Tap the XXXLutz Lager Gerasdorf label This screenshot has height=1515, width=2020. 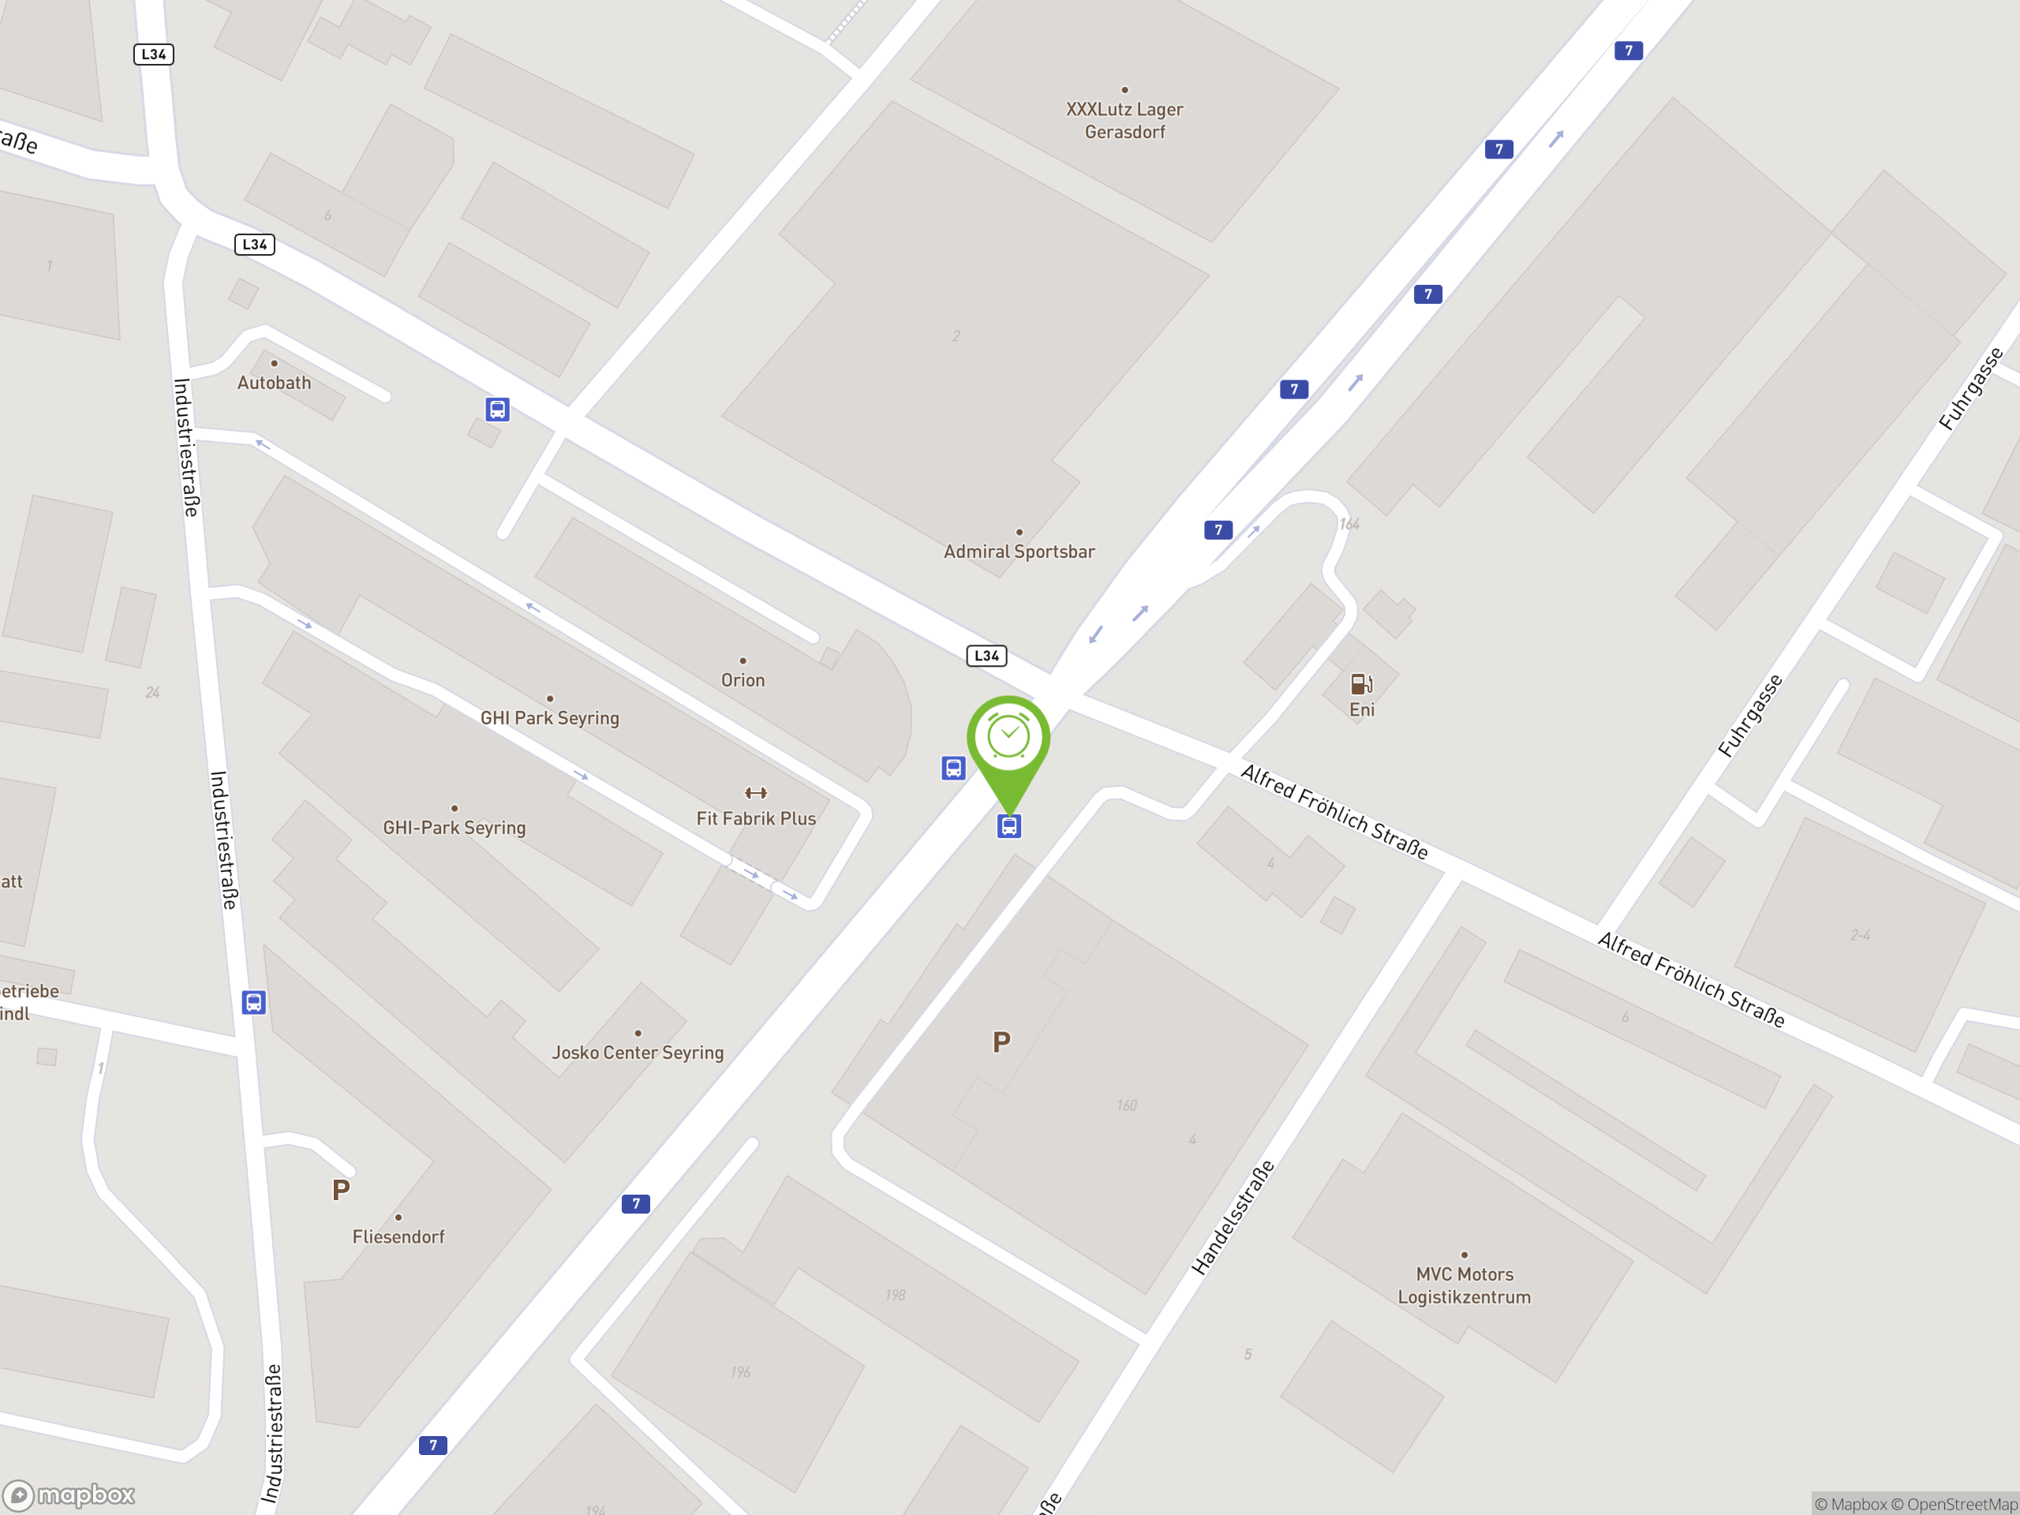click(x=1124, y=120)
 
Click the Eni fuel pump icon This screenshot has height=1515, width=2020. click(x=1360, y=684)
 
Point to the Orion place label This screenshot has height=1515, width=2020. click(x=743, y=679)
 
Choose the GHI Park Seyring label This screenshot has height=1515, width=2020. click(x=549, y=718)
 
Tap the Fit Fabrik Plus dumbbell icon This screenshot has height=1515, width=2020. click(x=755, y=793)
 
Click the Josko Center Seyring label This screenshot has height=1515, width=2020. click(x=638, y=1052)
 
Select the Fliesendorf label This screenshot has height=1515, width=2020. click(x=398, y=1236)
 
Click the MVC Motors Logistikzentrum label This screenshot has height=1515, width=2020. click(x=1464, y=1285)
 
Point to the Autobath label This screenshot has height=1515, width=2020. click(x=274, y=383)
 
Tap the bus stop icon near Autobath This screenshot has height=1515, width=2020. click(x=497, y=409)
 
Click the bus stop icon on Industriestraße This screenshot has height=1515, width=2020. click(x=253, y=1002)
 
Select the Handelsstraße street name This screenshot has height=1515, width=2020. click(x=1232, y=1218)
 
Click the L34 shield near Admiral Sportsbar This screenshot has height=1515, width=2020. click(x=986, y=656)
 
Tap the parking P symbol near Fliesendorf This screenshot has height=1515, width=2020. click(x=341, y=1190)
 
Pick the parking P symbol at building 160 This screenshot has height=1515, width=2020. click(x=1001, y=1042)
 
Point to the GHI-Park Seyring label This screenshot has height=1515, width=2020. click(x=454, y=828)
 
